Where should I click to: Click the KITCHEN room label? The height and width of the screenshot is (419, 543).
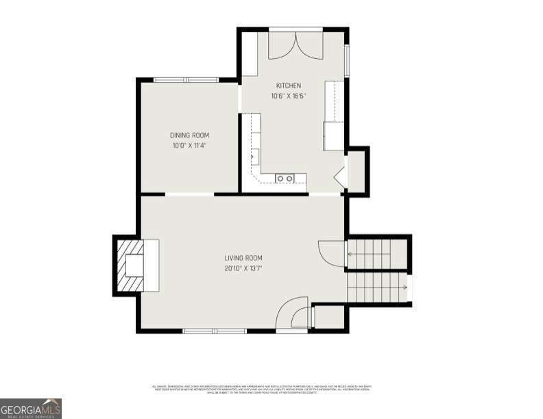point(289,86)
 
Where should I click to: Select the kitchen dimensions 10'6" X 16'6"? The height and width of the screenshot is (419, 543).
point(289,96)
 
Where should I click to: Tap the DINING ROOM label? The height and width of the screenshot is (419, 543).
point(190,136)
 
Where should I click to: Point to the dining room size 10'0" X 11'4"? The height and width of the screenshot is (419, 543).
point(190,145)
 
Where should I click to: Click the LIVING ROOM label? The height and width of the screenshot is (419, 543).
point(243,258)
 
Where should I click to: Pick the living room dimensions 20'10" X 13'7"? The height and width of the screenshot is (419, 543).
point(243,268)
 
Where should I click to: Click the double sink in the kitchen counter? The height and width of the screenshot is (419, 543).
point(285,179)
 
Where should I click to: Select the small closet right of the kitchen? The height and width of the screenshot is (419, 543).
point(357,170)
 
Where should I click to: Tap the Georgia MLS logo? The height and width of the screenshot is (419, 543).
point(31,408)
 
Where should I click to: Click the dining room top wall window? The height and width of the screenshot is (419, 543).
point(186,80)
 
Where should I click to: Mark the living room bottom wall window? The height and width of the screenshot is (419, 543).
point(214,331)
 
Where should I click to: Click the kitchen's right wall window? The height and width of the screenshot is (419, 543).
point(347,60)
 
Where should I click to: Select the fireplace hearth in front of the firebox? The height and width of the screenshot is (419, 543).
point(151,266)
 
